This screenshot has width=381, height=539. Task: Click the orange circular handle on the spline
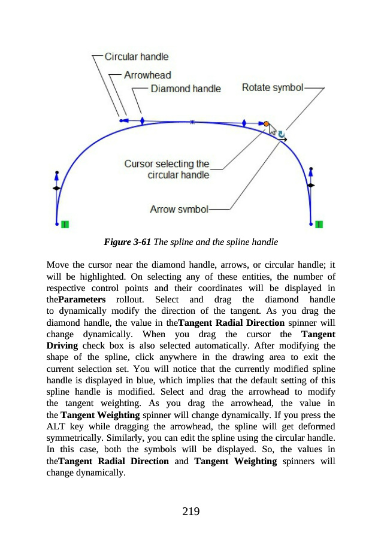pos(267,124)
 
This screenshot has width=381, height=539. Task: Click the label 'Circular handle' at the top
pos(137,56)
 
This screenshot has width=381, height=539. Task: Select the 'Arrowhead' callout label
pos(147,75)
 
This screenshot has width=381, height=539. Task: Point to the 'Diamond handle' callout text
pos(186,89)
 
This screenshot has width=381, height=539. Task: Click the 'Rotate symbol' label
pos(273,87)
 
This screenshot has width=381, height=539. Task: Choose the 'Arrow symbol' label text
pos(179,210)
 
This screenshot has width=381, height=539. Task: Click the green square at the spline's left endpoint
pos(64,225)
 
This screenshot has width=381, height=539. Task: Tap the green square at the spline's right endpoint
pos(319,225)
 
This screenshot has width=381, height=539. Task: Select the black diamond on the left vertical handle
pos(56,188)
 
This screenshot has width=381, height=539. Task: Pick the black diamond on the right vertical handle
pos(310,186)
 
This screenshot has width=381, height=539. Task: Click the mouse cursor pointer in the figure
pos(271,129)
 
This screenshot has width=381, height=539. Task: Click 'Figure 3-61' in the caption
pos(127,243)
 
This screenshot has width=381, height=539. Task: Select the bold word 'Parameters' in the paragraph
pos(82,299)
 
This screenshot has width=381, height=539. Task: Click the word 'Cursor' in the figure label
pos(138,163)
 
